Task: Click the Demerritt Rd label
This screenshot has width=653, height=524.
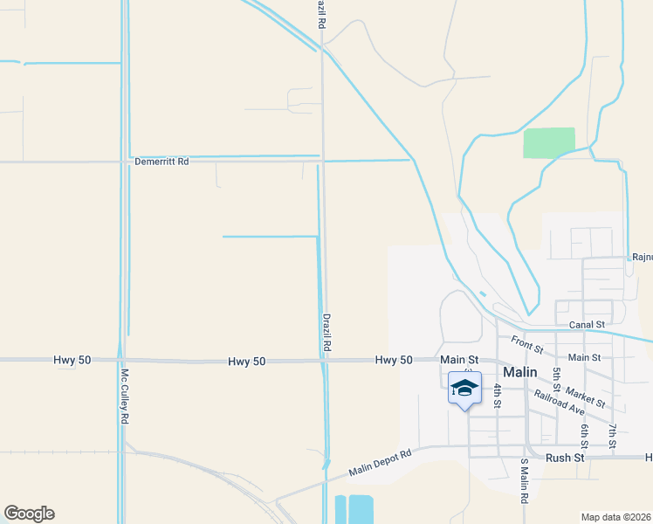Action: (162, 162)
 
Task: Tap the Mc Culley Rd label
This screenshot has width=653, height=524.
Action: (124, 396)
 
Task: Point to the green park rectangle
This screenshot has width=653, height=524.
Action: (549, 142)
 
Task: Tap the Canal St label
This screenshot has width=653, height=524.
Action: (587, 325)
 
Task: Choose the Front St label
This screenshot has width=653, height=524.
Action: (527, 345)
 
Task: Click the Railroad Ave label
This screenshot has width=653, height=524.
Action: (560, 402)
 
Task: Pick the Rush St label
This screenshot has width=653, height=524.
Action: (564, 457)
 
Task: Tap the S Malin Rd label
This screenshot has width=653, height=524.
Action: (525, 481)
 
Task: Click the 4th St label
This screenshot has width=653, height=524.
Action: (497, 396)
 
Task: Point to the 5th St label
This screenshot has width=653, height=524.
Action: (556, 380)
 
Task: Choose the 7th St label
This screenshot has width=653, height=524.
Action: (613, 437)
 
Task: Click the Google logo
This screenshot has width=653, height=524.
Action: (29, 514)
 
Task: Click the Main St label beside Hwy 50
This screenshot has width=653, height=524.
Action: (460, 359)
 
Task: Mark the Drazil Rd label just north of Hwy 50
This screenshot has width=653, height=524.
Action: (326, 333)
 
